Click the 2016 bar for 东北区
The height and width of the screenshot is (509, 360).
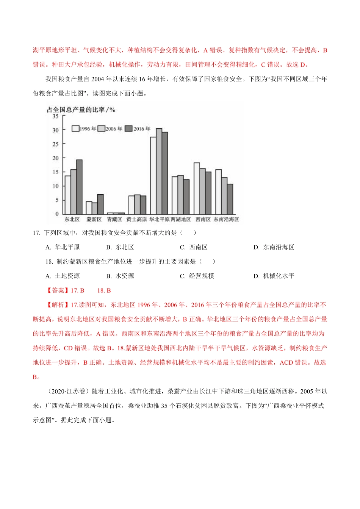point(79,187)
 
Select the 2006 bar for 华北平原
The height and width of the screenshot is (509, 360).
point(159,171)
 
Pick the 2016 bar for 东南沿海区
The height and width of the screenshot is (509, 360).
point(230,199)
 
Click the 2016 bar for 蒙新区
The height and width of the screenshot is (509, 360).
point(100,204)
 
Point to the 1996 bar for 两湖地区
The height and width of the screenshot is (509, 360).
point(175,195)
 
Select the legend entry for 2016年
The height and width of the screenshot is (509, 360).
point(138,129)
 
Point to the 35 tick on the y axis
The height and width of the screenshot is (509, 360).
point(56,116)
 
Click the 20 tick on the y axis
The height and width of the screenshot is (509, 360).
point(56,158)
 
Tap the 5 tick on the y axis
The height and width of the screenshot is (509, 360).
point(57,200)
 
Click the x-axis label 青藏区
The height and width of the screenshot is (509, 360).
point(114,220)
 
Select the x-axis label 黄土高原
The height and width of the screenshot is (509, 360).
point(137,220)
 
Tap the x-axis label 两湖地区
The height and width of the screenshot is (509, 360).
point(181,220)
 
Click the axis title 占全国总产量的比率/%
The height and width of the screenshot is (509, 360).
point(81,110)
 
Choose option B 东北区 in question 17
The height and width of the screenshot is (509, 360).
point(120,247)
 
